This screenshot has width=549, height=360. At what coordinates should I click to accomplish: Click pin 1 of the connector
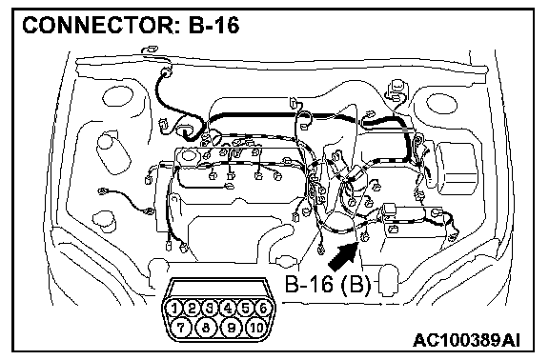173,309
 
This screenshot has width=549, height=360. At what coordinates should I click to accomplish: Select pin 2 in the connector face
192,309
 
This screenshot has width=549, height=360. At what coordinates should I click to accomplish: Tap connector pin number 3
210,309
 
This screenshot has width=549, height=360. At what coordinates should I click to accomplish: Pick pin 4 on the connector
228,309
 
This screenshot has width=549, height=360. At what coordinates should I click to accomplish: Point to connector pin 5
246,309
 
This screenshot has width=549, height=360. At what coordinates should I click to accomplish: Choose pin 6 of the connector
263,309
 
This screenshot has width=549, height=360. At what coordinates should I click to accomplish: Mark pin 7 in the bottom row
181,328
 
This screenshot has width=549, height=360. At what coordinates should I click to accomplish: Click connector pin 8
206,328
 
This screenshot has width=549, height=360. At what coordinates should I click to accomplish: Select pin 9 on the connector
231,328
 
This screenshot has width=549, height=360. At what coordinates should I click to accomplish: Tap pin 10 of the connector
256,328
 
